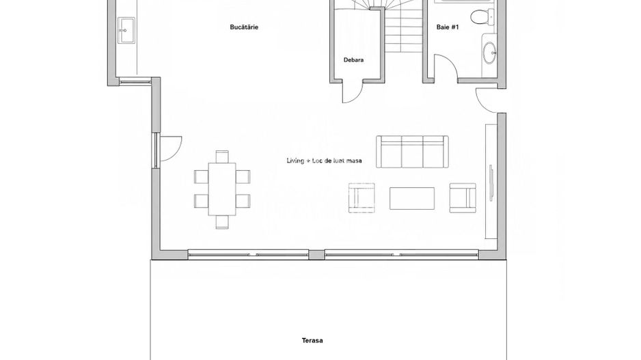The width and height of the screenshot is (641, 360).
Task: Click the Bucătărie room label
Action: [244, 27]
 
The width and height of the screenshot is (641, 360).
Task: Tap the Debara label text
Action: [353, 59]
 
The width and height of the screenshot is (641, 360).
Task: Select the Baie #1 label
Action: [448, 27]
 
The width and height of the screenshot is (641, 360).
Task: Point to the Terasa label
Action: [312, 340]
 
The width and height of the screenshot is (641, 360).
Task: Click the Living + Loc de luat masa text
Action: [324, 161]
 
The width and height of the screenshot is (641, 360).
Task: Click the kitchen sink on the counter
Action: [126, 30]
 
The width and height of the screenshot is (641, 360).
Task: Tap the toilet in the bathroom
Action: [482, 17]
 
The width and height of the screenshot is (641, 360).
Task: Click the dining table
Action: [222, 189]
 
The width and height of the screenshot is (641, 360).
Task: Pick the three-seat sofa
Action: [412, 152]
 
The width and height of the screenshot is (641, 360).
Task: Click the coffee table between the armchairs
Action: [411, 198]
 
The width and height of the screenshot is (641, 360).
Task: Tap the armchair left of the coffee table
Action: [362, 198]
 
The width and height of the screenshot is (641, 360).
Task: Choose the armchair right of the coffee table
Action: [463, 198]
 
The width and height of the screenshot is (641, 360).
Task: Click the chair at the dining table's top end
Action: [222, 156]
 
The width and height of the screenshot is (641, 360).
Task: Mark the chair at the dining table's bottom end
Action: [222, 222]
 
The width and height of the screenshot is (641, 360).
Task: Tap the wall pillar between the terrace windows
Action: [316, 255]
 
